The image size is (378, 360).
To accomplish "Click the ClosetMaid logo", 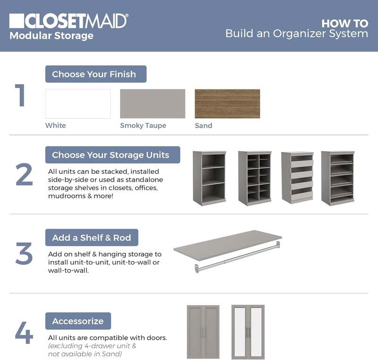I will click(69, 21).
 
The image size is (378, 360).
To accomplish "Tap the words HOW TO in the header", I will click(344, 23).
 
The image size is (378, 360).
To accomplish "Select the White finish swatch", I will click(78, 103).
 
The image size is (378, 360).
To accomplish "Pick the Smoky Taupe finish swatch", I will click(153, 103).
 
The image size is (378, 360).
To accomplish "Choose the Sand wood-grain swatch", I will click(227, 103).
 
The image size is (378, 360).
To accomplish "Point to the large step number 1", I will click(20, 95).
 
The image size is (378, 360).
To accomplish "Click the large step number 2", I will click(24, 174).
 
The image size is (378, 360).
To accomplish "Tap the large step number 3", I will click(24, 254).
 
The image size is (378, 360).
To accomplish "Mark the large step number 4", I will click(24, 333).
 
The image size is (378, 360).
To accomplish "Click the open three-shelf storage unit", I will click(209, 178).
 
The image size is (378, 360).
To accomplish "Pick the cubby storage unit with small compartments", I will click(255, 178).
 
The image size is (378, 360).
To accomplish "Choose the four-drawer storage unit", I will click(297, 178).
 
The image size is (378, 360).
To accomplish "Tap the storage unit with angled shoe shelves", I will click(338, 178).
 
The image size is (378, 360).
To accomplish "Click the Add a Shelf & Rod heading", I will click(92, 238).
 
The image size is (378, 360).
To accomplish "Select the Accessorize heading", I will click(78, 321).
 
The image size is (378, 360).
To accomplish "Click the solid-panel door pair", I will click(203, 332).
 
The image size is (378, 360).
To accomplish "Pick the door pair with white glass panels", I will click(248, 332).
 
